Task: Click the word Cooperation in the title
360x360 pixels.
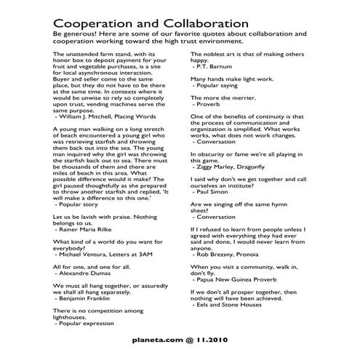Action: click(x=95, y=21)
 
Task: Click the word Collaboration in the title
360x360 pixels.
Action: click(x=204, y=21)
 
